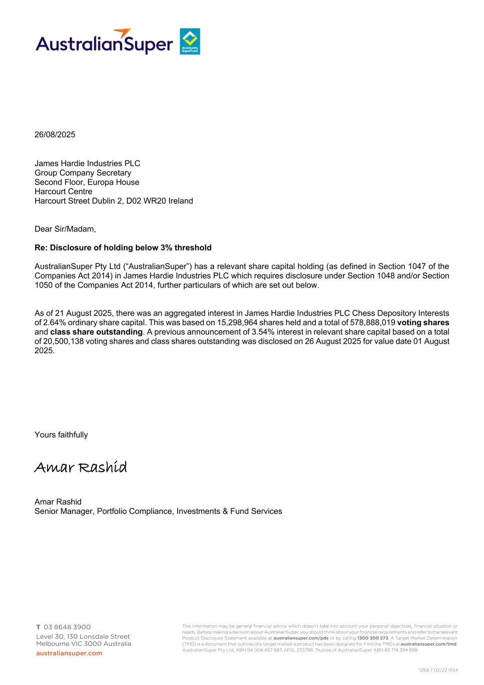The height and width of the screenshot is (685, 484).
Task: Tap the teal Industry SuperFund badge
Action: point(190,41)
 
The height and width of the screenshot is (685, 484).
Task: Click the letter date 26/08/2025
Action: point(55,134)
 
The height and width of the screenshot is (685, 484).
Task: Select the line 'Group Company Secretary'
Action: point(83,173)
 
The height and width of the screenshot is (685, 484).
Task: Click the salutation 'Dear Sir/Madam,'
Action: point(65,229)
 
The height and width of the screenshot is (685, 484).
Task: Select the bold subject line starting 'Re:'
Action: point(123,247)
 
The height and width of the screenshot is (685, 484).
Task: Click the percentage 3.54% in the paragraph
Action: point(263,332)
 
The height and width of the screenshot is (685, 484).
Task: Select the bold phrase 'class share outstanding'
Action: point(96,332)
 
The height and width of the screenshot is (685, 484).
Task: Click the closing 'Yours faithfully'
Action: point(61,435)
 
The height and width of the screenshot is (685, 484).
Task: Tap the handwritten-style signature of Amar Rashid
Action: point(81,467)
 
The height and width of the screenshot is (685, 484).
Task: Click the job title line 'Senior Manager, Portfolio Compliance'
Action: point(158,511)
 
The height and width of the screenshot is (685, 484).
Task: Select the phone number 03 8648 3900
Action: point(67,627)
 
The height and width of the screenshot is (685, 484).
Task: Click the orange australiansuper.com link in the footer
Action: point(69,653)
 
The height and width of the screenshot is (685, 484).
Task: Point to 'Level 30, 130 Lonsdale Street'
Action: point(83,636)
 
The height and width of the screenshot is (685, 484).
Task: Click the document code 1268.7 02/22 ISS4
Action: point(438,670)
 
